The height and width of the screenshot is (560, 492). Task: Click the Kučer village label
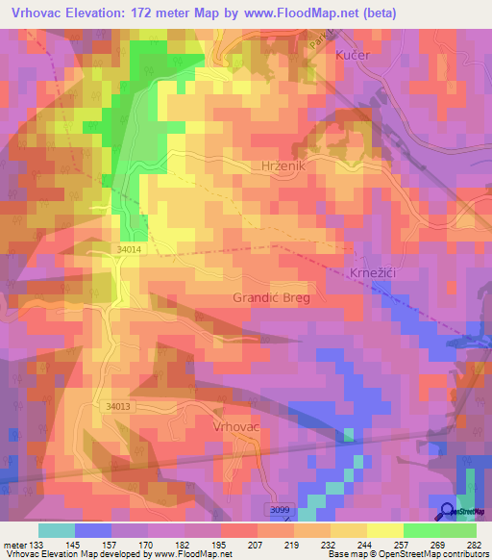352,56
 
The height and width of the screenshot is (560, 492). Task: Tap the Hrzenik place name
283,166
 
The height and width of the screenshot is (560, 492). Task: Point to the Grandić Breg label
270,297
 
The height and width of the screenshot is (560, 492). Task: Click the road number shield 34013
118,407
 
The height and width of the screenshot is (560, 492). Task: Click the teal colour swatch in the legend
56,530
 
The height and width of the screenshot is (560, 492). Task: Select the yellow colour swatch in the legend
384,530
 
